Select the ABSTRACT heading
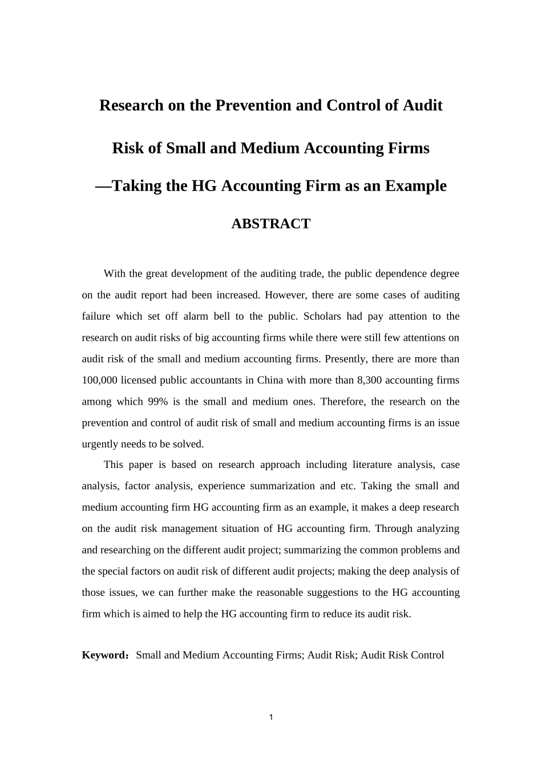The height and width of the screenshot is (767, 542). [270, 224]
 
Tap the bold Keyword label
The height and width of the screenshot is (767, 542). [105, 655]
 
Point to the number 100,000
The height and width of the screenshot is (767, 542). [100, 381]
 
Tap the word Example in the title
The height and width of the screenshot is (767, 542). [415, 186]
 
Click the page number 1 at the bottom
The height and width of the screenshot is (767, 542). [271, 717]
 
